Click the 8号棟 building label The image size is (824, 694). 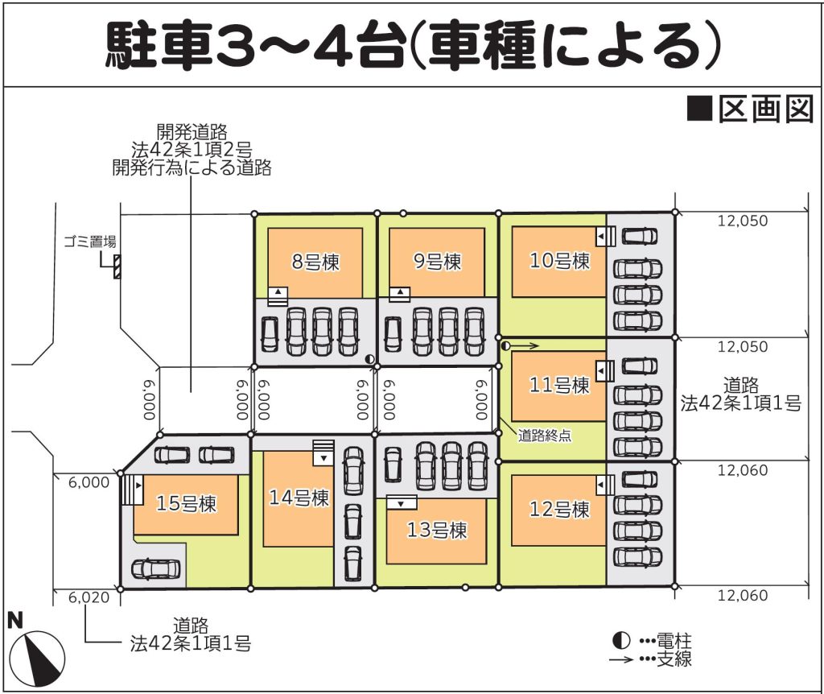[315, 262]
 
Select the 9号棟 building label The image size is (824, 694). [437, 262]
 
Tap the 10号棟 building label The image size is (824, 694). [559, 260]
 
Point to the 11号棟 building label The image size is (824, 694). [559, 385]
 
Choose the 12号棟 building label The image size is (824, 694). [559, 509]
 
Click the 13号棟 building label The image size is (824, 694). [437, 530]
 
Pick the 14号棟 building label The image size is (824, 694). [299, 498]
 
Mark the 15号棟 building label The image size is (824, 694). [186, 504]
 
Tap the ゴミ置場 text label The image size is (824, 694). [90, 242]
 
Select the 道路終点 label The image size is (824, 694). [545, 436]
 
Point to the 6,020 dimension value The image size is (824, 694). [89, 597]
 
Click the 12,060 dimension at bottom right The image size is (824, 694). [743, 595]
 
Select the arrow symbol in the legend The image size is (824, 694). [621, 659]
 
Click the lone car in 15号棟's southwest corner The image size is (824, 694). [155, 569]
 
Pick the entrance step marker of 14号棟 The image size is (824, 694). [323, 452]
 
